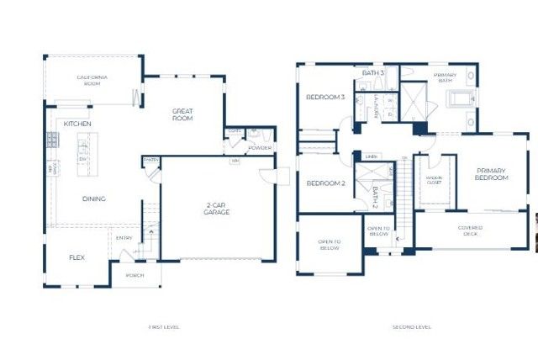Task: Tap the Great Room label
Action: pos(182,114)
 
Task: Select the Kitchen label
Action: pos(77,124)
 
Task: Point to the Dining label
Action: pos(94,199)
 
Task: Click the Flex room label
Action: pos(76,257)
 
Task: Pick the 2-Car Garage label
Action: pos(217,209)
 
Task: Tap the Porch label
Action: pos(134,275)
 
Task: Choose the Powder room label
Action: pos(259,148)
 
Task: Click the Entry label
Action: pos(124,238)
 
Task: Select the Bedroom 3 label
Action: pos(325,98)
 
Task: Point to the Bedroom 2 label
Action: pos(325,183)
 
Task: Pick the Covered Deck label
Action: pos(470,230)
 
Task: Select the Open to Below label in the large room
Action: pos(328,246)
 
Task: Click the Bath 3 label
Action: pos(373,73)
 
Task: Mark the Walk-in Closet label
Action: pos(434,179)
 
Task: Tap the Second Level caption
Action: pos(412,326)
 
